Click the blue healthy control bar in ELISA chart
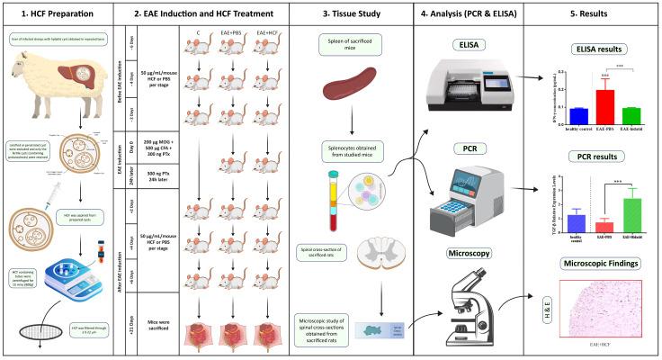coord(529,113)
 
